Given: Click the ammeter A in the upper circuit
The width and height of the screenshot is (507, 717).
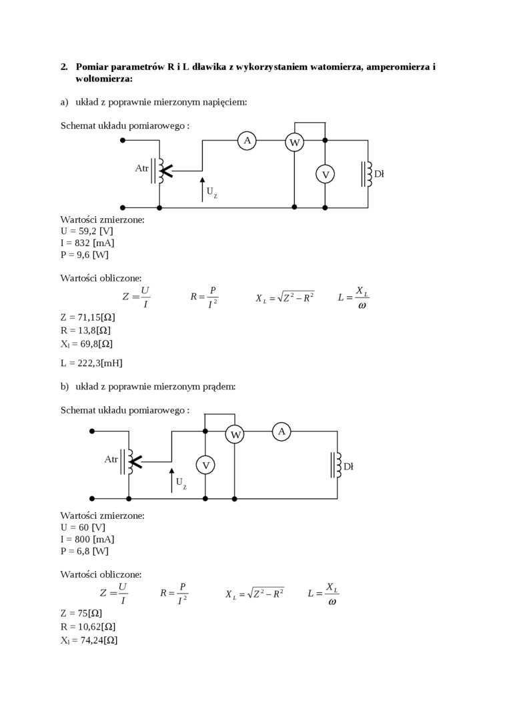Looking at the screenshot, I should [x=247, y=140].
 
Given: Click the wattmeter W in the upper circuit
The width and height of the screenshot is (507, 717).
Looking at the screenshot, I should [x=294, y=142].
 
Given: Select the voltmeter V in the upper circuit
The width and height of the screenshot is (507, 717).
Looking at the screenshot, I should [x=325, y=174].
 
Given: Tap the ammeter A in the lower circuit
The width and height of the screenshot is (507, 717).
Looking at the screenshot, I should [x=282, y=432].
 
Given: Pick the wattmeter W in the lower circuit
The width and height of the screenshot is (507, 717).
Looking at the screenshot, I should [x=235, y=434].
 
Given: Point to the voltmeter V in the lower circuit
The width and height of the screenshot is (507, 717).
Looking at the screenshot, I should [x=205, y=465].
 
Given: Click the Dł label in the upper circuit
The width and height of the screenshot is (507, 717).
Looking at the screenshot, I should [x=379, y=173].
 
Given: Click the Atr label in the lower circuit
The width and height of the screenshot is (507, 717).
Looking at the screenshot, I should [x=111, y=460].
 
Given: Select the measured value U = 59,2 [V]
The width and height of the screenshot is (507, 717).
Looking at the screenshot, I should [x=87, y=231].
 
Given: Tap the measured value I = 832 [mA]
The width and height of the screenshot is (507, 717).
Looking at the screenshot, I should [x=87, y=243].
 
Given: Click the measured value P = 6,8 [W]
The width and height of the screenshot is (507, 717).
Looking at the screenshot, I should [x=84, y=551].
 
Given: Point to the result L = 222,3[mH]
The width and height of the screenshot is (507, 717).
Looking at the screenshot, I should [x=91, y=363].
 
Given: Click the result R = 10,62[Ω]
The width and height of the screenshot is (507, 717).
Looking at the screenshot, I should [x=89, y=626].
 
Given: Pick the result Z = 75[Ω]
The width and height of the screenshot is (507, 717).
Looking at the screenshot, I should [x=81, y=613].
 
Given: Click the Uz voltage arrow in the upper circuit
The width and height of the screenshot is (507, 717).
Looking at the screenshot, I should [x=202, y=189].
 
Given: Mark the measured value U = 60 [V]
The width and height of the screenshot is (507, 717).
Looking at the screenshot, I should [x=83, y=527].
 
